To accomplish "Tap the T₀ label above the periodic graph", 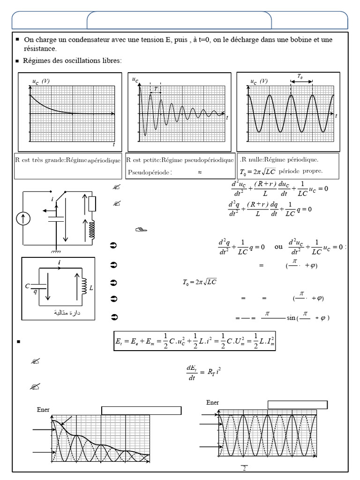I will (x=300, y=76).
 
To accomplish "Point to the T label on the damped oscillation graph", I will (x=156, y=88).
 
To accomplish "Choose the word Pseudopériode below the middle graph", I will (x=150, y=172).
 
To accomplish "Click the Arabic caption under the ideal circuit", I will (x=68, y=312).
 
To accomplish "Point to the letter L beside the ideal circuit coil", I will (x=91, y=287).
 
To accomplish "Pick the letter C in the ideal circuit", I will (x=28, y=285).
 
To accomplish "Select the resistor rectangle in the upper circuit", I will (x=92, y=204).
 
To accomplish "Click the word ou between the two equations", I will (x=278, y=246).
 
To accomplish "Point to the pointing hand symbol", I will (x=141, y=229).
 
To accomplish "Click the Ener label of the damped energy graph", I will (x=43, y=410).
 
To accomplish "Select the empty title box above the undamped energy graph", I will (x=297, y=405).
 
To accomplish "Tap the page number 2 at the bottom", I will (x=244, y=468).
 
